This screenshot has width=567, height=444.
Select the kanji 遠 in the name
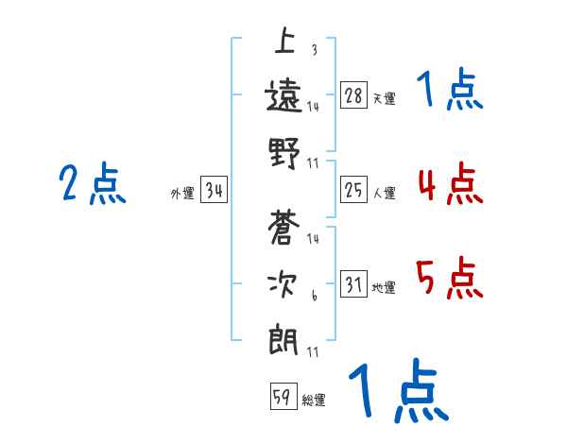click(x=284, y=95)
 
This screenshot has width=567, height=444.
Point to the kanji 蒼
click(x=284, y=228)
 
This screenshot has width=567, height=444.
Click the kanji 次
click(x=284, y=282)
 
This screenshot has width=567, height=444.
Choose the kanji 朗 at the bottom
click(x=284, y=338)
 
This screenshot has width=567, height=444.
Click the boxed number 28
click(x=354, y=95)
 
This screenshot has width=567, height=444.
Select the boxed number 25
click(x=354, y=191)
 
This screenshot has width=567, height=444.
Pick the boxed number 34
click(x=214, y=191)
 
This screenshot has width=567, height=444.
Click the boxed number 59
click(x=282, y=398)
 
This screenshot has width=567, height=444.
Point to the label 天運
click(x=384, y=98)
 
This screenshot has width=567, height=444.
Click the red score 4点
click(x=449, y=184)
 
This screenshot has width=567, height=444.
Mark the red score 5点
click(x=449, y=278)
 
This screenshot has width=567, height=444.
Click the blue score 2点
click(x=92, y=184)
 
